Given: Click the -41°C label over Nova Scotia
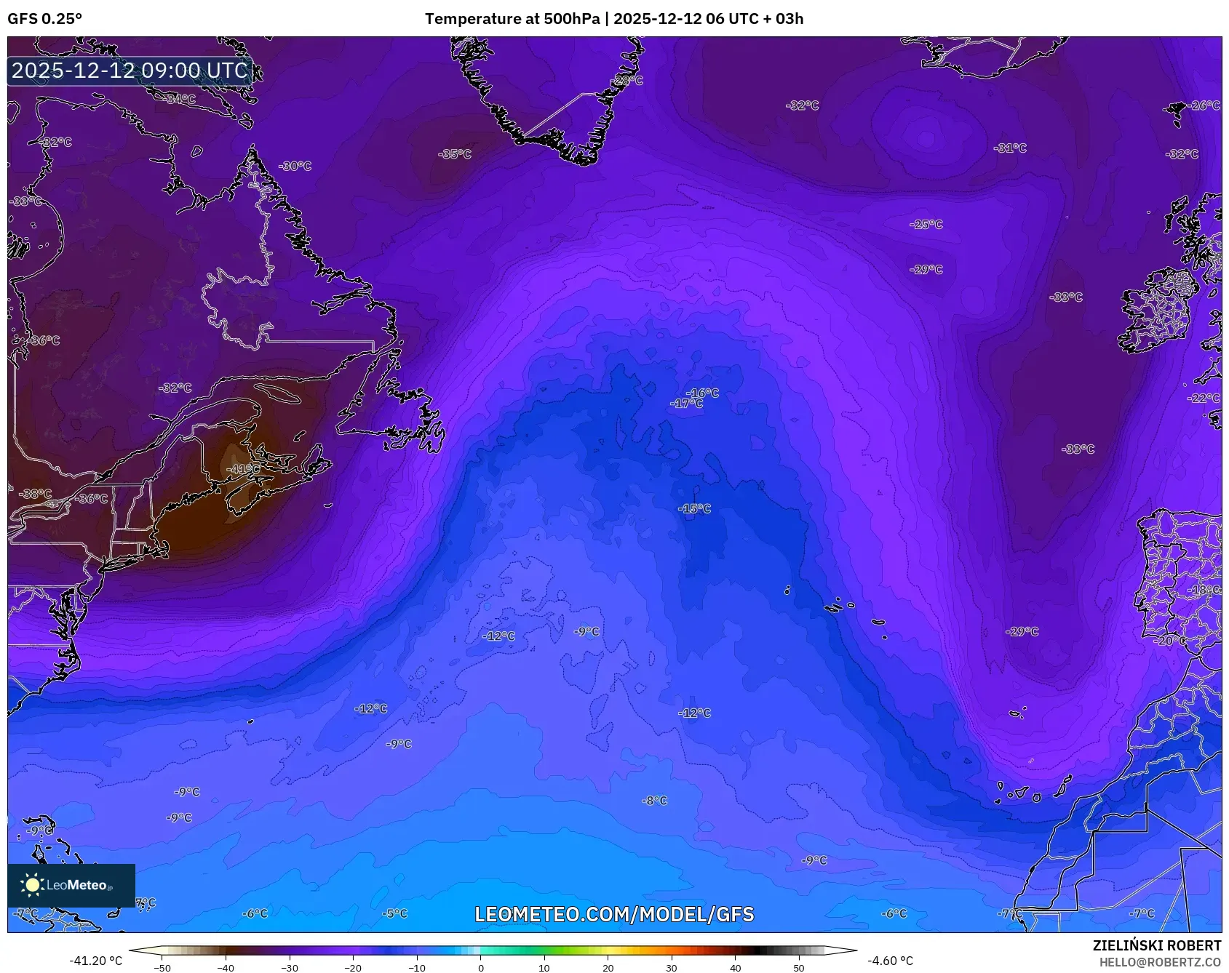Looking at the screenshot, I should click(x=243, y=469).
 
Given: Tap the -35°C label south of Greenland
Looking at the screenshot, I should click(x=455, y=154).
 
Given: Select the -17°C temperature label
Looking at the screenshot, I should click(x=687, y=404).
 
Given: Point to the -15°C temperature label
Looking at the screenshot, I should click(x=694, y=508).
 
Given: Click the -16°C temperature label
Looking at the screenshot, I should click(x=703, y=393).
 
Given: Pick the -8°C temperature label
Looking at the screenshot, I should click(x=654, y=801).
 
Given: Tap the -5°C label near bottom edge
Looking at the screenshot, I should click(x=395, y=913).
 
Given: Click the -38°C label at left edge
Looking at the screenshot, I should click(x=35, y=494).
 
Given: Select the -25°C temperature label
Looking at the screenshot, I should click(x=926, y=225).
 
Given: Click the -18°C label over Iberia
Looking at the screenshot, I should click(x=1204, y=590).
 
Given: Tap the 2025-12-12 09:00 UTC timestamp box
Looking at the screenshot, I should click(x=130, y=71).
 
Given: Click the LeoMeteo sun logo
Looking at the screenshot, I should click(x=32, y=885).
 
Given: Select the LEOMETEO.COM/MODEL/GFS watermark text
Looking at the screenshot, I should click(x=614, y=914).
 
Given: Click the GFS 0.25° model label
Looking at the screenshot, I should click(x=45, y=19).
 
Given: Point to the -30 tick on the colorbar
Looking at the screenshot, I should click(x=290, y=968).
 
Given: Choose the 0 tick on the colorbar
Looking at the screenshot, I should click(x=480, y=968).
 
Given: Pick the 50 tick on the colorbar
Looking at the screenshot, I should click(x=799, y=968).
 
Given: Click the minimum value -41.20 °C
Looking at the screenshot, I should click(x=96, y=961).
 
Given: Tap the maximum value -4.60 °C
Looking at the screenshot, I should click(x=890, y=961).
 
